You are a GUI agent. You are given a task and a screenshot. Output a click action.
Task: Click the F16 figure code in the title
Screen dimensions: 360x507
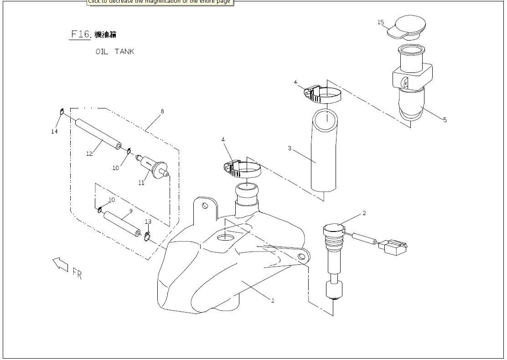(x=80, y=35)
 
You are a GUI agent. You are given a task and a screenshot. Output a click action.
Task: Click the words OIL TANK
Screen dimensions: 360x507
(x=115, y=51)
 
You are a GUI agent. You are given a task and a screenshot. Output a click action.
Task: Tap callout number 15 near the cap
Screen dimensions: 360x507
(x=381, y=22)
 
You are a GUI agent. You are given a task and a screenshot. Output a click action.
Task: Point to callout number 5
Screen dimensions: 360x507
(x=445, y=120)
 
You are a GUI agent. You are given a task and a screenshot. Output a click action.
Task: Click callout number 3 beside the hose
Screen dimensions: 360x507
(x=290, y=148)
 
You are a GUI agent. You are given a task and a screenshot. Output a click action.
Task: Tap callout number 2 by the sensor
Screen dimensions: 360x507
(x=364, y=213)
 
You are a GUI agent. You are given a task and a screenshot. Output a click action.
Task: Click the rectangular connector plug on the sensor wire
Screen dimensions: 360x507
(x=392, y=247)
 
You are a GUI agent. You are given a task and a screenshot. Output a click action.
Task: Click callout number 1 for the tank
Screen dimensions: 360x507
(x=273, y=300)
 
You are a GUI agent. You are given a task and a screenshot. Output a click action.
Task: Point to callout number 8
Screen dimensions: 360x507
(x=162, y=111)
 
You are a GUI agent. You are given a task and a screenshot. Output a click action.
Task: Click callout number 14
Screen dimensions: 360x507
(x=54, y=131)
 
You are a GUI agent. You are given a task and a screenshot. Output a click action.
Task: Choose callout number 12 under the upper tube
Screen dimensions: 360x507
(x=89, y=154)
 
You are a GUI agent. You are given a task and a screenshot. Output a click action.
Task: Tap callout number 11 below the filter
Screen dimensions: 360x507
(x=141, y=183)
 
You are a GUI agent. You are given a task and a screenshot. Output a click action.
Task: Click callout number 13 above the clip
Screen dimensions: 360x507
(x=148, y=222)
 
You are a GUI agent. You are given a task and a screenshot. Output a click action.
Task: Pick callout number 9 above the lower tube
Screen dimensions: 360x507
(x=131, y=211)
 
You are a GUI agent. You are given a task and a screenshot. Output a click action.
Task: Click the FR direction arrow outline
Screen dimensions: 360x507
(x=61, y=264)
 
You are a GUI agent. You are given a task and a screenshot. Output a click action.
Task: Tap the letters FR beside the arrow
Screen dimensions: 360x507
(x=77, y=273)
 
